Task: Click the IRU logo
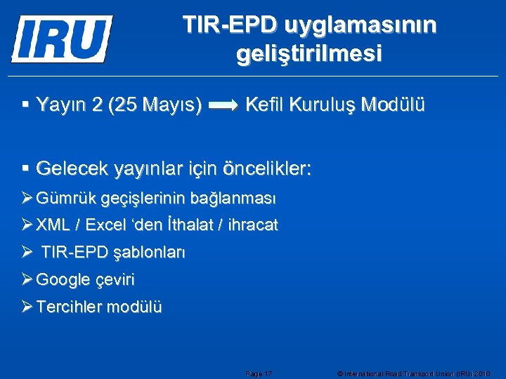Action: coord(62,39)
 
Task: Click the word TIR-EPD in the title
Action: coord(231,25)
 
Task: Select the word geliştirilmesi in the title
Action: coord(310,54)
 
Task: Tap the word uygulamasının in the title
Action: coord(360,25)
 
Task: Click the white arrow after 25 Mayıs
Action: coord(224,106)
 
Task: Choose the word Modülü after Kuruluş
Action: coord(393,105)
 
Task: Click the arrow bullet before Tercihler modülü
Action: coord(27,307)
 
